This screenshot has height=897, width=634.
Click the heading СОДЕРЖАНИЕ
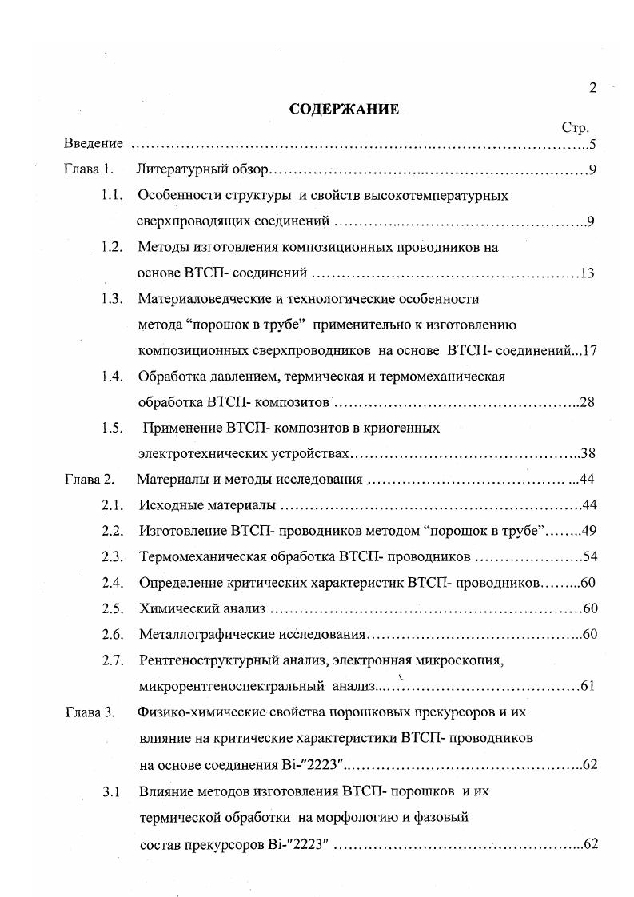(343, 110)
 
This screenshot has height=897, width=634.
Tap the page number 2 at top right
(592, 89)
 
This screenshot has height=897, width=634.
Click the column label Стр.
(576, 128)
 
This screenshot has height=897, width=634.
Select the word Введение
(94, 144)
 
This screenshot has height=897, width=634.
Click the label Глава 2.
(90, 480)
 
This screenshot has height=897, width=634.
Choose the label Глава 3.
(90, 712)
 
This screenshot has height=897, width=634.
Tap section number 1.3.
(111, 299)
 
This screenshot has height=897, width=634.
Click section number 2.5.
(111, 608)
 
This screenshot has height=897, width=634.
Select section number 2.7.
(111, 660)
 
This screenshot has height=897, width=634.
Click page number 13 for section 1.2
(588, 274)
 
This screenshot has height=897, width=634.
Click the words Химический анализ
(201, 608)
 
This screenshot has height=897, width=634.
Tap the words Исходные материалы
(206, 505)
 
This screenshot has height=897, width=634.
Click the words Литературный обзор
(203, 169)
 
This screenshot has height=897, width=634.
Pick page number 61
(588, 686)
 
